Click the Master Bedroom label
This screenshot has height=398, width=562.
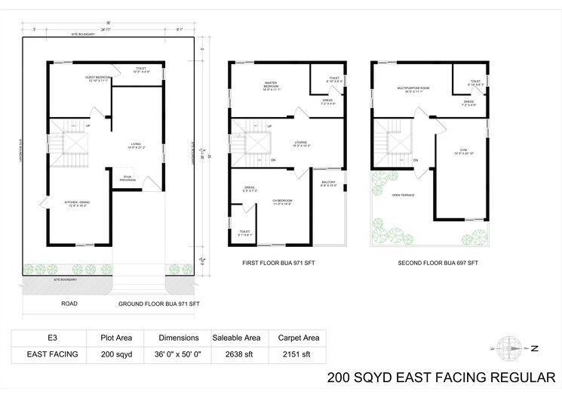pyautogui.click(x=272, y=86)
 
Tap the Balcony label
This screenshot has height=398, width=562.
pyautogui.click(x=330, y=183)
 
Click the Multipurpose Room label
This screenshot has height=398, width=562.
pyautogui.click(x=413, y=90)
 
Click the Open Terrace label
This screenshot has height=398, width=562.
pyautogui.click(x=401, y=195)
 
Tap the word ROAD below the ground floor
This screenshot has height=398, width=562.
pyautogui.click(x=69, y=304)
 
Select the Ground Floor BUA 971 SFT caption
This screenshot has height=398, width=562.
pyautogui.click(x=158, y=304)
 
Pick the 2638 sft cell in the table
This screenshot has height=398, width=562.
pyautogui.click(x=236, y=353)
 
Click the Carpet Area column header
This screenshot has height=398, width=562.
pyautogui.click(x=299, y=338)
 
